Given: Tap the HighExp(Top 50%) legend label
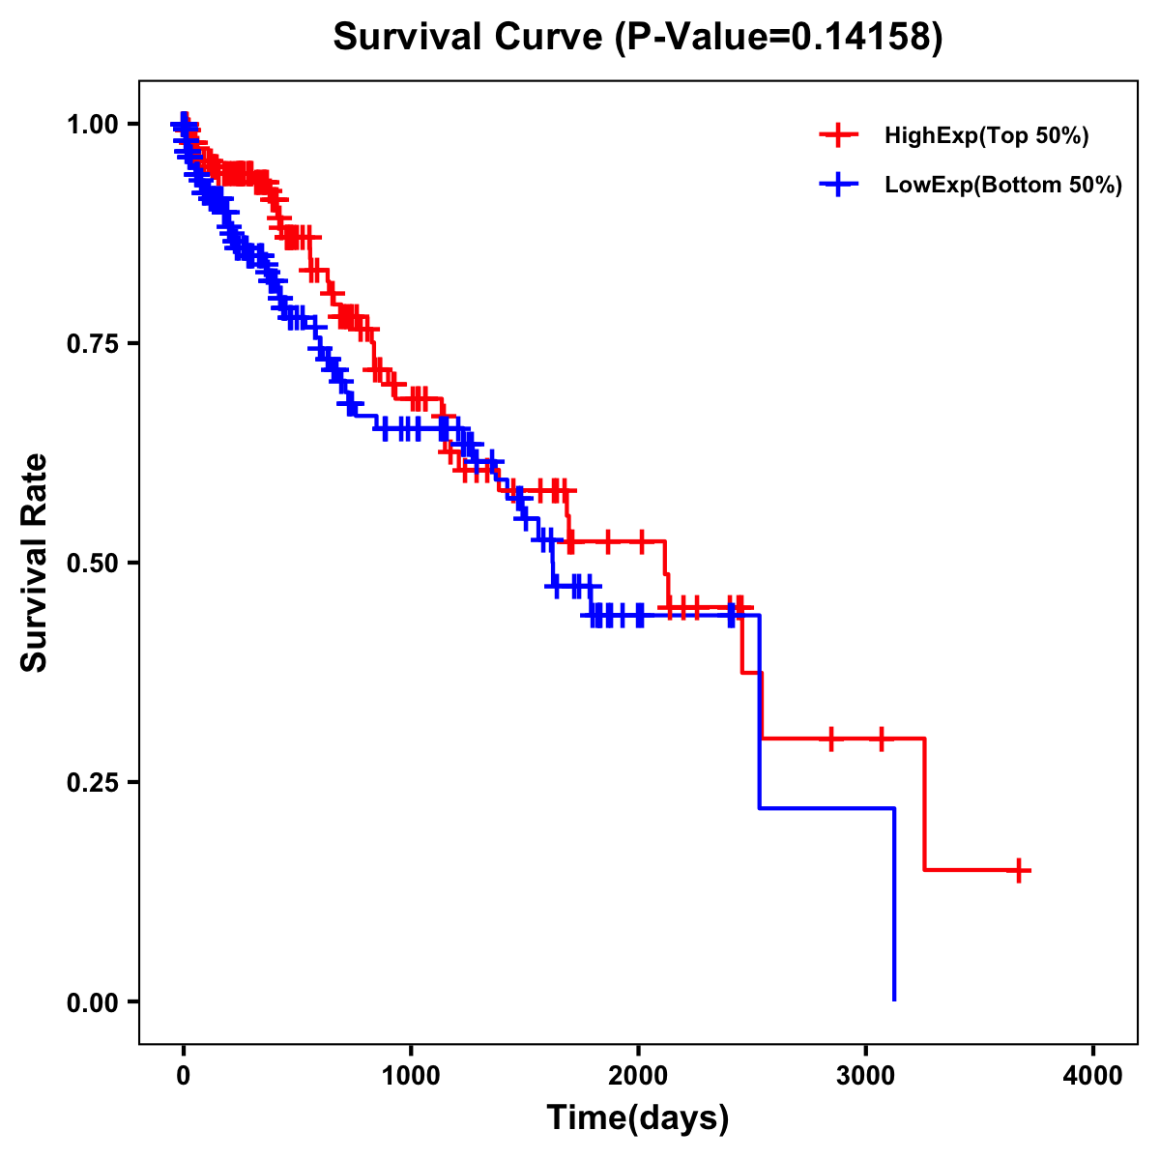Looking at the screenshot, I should pos(986,136).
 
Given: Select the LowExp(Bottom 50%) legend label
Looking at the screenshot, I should pos(1002,186).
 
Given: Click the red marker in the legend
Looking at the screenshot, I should pos(838,135).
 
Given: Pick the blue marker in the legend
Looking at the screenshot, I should pos(838,184).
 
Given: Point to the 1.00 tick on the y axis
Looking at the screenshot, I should pos(93,125).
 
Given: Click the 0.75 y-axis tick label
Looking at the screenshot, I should pos(93,344).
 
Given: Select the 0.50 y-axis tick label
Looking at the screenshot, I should pos(93,564).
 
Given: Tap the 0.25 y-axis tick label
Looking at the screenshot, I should pos(93,783).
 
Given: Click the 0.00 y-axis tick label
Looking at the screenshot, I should pos(93,1002).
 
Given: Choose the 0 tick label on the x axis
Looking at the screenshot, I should pos(184,1076).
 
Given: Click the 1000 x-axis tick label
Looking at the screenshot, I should pos(411,1076).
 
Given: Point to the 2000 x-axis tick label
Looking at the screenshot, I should pos(638,1076).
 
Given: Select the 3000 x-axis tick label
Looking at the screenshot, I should pos(865,1076).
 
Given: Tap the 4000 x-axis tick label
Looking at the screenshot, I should pos(1093,1076).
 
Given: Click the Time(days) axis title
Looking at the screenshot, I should pos(638,1118).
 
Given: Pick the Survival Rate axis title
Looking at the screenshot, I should pos(35,563).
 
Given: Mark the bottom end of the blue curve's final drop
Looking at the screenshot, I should pos(894,1000).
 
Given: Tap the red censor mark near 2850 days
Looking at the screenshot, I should pos(830,739).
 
